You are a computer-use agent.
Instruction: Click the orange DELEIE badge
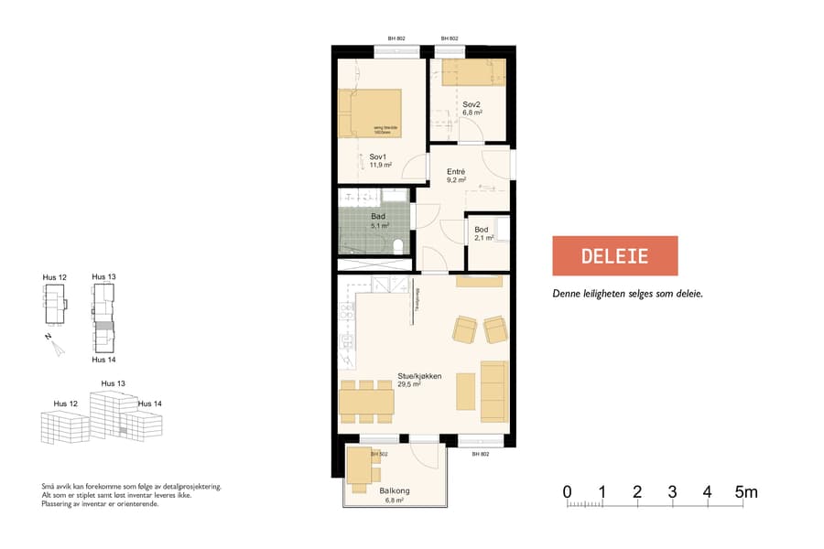tap(614, 255)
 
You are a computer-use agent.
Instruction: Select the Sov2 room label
tap(472, 103)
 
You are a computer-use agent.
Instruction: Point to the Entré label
tap(456, 172)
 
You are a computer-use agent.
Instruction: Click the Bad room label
tap(378, 216)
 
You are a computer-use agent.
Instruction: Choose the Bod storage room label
tap(482, 229)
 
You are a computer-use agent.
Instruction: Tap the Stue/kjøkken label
tap(419, 376)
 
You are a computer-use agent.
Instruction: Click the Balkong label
tap(395, 491)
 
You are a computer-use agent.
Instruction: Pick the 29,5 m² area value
tap(408, 385)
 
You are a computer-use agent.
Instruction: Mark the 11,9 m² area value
tap(381, 166)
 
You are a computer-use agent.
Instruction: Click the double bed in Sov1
tap(370, 113)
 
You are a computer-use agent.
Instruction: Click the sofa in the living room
tap(493, 390)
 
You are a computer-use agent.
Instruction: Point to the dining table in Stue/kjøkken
tap(366, 402)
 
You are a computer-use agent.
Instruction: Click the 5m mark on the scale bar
tap(745, 493)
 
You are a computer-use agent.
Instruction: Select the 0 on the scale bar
tap(568, 493)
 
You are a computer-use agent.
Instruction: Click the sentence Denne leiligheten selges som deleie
tap(627, 295)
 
